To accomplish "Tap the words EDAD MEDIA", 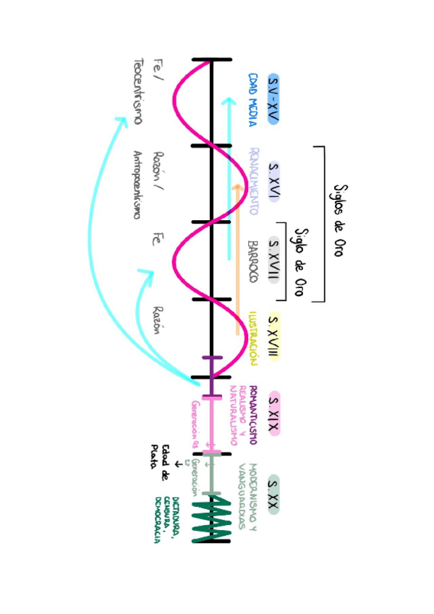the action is pyautogui.click(x=253, y=99).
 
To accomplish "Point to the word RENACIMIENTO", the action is pyautogui.click(x=254, y=181).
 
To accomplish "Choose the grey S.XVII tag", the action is pyautogui.click(x=274, y=258).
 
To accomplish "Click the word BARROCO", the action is pyautogui.click(x=253, y=261).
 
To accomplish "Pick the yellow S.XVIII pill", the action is pyautogui.click(x=274, y=337).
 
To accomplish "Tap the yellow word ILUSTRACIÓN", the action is pyautogui.click(x=254, y=337).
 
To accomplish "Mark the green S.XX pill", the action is pyautogui.click(x=273, y=496).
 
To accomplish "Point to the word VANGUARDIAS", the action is pyautogui.click(x=242, y=496).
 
